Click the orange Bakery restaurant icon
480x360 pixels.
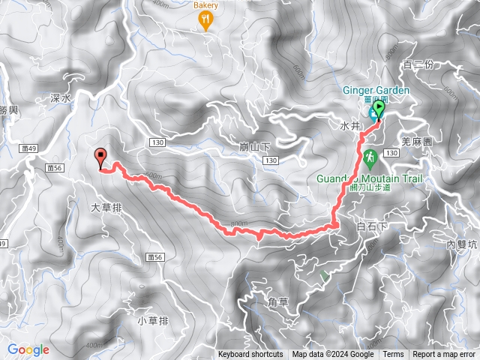(x=206, y=21)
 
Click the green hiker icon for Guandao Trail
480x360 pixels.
(x=369, y=158)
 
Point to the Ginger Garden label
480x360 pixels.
(x=376, y=91)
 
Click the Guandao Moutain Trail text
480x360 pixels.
(x=370, y=179)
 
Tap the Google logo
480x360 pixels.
(x=28, y=349)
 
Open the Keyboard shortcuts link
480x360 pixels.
(x=250, y=355)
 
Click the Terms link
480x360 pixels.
(x=393, y=355)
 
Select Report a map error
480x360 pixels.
(x=445, y=355)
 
